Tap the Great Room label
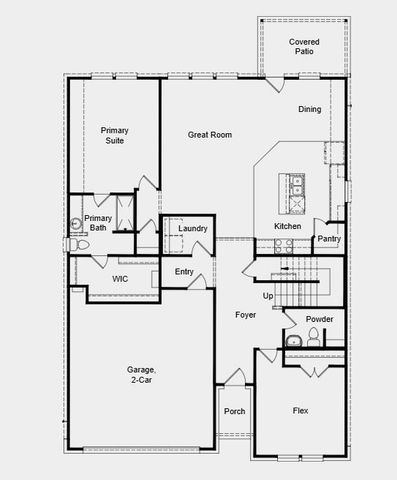click(210, 134)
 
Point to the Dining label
click(309, 109)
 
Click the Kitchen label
click(288, 226)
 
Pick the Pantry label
click(329, 239)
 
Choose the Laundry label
click(193, 229)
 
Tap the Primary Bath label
click(98, 223)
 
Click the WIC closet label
click(120, 278)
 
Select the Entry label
click(184, 272)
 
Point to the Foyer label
click(246, 315)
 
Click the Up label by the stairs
click(268, 296)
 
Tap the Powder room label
click(320, 319)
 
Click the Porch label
click(234, 411)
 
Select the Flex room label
click(300, 411)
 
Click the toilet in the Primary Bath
click(73, 244)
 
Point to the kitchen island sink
click(297, 185)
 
